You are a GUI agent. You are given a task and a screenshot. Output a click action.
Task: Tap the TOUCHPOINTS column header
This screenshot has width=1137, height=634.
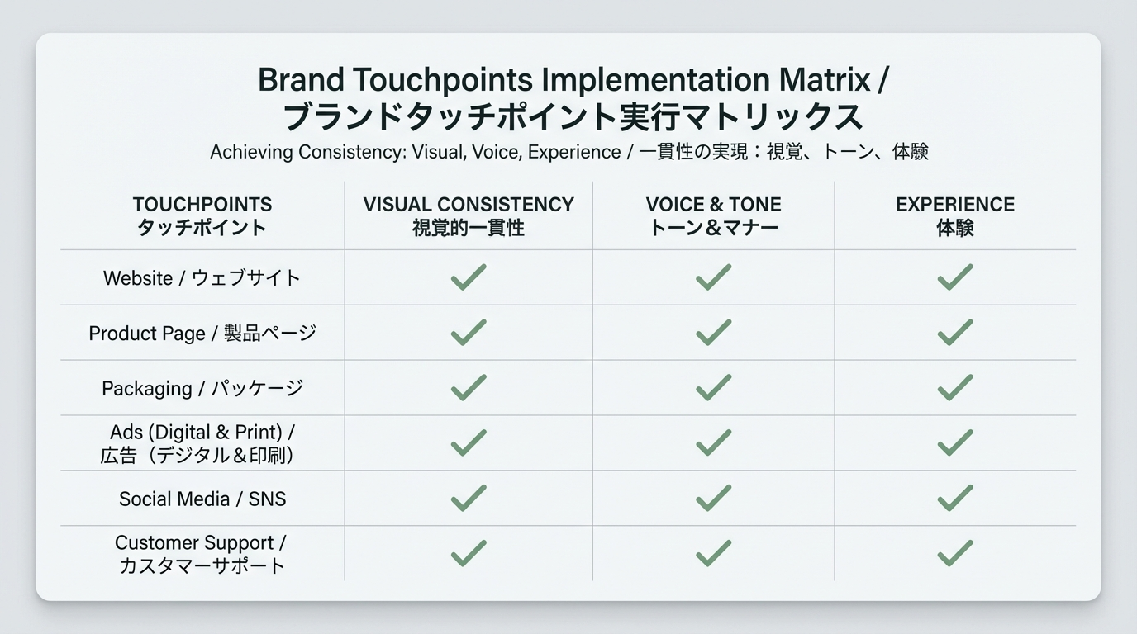(202, 215)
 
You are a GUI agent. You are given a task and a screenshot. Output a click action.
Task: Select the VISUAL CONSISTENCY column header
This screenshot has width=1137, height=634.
(469, 215)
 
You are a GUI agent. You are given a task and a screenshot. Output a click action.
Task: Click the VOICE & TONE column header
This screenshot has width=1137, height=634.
(713, 215)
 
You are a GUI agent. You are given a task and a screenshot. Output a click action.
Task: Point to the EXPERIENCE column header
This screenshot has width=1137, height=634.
(954, 215)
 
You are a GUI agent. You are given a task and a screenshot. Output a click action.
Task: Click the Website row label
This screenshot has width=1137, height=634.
(202, 278)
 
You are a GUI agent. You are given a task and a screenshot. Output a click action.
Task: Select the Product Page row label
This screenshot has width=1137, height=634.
(202, 334)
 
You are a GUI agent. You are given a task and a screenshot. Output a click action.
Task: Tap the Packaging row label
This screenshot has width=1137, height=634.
(202, 388)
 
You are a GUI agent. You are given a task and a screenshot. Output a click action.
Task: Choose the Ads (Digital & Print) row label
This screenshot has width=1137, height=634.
(202, 443)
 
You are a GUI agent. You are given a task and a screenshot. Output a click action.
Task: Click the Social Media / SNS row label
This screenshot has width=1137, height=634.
(202, 499)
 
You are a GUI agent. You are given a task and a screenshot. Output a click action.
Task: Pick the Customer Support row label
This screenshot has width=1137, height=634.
(202, 554)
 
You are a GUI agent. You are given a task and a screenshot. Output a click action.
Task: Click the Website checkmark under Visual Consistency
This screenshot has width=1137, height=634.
(469, 277)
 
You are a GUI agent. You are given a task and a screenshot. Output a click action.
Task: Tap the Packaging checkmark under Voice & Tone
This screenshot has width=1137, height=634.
(713, 388)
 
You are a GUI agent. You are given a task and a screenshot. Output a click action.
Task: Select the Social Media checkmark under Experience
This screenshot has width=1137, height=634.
(954, 498)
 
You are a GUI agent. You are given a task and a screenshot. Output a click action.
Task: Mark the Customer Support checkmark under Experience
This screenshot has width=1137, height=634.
(954, 553)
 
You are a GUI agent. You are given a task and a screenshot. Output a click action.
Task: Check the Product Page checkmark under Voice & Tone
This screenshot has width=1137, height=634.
(713, 333)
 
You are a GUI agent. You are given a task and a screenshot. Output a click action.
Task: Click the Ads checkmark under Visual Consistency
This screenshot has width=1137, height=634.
(469, 443)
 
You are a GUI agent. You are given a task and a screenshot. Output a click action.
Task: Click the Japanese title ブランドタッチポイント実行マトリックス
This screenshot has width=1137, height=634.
(573, 116)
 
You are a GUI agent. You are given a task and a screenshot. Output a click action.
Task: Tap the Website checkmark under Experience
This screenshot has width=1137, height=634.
(954, 277)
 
